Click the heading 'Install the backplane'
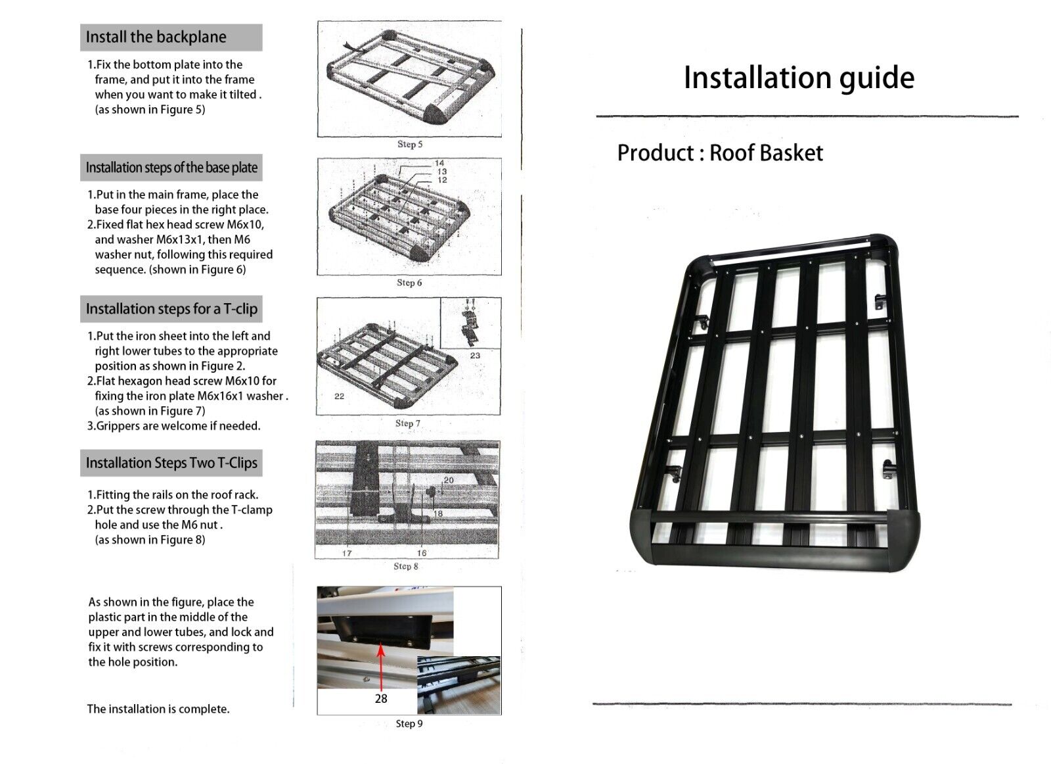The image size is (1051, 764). pyautogui.click(x=156, y=37)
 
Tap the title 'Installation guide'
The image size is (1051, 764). pyautogui.click(x=798, y=78)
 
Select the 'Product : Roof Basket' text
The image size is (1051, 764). pyautogui.click(x=719, y=153)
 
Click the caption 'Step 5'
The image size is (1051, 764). pyautogui.click(x=410, y=144)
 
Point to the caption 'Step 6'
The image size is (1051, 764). pyautogui.click(x=409, y=283)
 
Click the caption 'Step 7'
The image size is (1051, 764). pyautogui.click(x=408, y=423)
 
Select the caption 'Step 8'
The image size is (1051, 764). pyautogui.click(x=406, y=566)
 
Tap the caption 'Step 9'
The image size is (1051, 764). pyautogui.click(x=409, y=724)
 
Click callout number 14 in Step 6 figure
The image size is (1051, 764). pyautogui.click(x=439, y=163)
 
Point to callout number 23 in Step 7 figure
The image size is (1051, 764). pyautogui.click(x=475, y=356)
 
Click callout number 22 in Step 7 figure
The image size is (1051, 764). pyautogui.click(x=339, y=396)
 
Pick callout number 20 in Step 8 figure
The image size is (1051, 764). pyautogui.click(x=449, y=480)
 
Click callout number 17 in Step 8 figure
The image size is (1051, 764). pyautogui.click(x=347, y=553)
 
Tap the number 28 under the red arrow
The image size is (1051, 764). pyautogui.click(x=381, y=699)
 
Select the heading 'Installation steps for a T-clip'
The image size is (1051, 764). pyautogui.click(x=171, y=309)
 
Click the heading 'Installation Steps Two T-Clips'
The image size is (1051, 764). pyautogui.click(x=171, y=463)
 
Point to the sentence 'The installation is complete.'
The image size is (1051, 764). pyautogui.click(x=158, y=709)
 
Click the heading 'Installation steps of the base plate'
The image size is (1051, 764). pyautogui.click(x=171, y=168)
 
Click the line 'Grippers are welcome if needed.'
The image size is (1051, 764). pyautogui.click(x=174, y=426)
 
